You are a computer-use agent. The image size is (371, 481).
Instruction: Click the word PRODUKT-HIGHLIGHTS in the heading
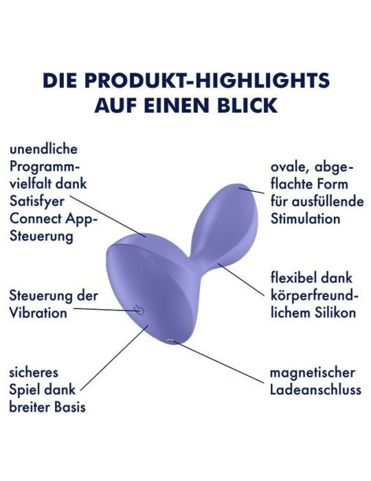coord(207,80)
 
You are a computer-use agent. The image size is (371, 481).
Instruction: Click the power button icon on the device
coord(139,310)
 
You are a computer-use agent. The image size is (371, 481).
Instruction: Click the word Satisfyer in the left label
coord(37,202)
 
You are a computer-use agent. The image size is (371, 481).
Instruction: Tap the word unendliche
coord(43,149)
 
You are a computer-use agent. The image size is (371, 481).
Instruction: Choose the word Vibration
coord(38,313)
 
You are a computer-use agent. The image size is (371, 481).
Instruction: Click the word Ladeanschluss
coord(315,390)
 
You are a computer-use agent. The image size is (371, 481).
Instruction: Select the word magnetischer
coord(312,373)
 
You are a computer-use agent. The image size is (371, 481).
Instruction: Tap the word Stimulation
coord(305,219)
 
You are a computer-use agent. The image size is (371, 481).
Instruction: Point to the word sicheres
coord(34,372)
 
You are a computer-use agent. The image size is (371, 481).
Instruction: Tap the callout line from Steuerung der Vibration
coord(106,310)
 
